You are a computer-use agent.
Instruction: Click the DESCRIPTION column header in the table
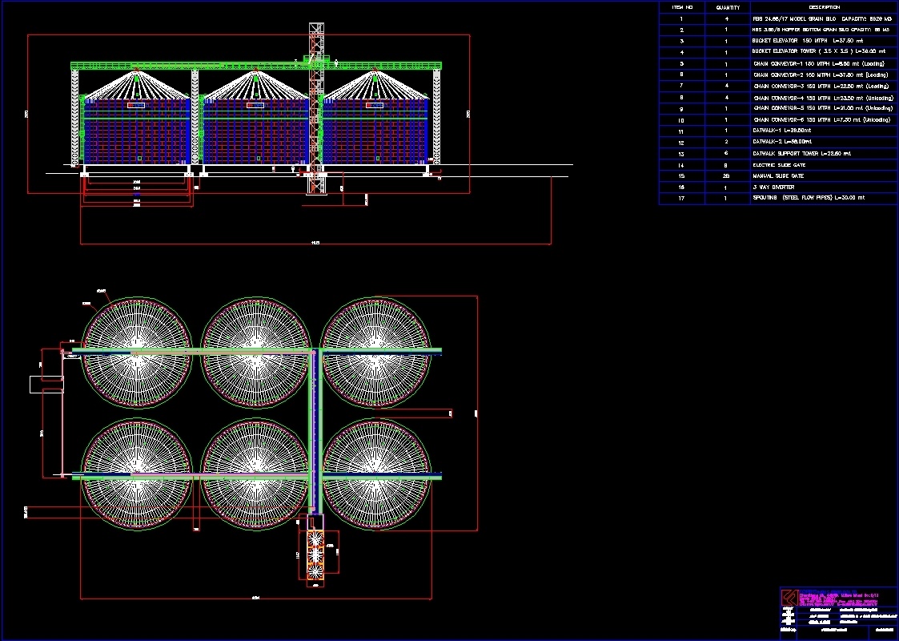click(824, 6)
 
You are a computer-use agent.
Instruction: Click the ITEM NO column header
click(681, 6)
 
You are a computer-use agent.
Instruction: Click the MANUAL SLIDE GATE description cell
click(777, 175)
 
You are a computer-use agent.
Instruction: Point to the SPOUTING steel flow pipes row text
click(808, 198)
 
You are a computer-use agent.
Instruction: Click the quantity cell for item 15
click(727, 175)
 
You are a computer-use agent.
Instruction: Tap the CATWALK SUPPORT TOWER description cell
click(801, 153)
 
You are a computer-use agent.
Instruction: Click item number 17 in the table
click(681, 198)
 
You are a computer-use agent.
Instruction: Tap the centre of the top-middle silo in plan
click(257, 352)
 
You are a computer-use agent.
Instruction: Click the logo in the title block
click(791, 598)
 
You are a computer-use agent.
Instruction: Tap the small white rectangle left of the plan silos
click(46, 384)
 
